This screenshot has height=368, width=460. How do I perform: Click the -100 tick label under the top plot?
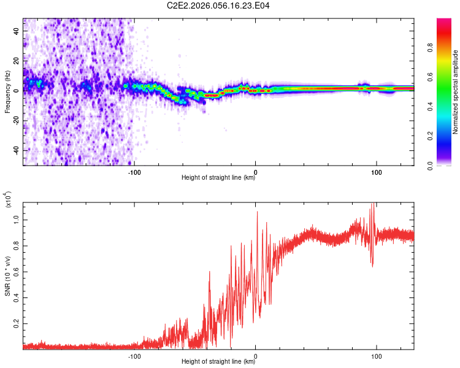(x=134, y=172)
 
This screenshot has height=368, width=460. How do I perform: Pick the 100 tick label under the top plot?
(x=375, y=172)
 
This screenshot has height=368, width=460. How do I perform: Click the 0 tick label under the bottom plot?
(x=256, y=356)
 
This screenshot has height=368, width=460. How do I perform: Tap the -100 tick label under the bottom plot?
(x=134, y=356)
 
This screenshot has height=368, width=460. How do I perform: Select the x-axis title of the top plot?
(x=218, y=178)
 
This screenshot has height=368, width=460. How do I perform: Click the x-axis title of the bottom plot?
(x=218, y=362)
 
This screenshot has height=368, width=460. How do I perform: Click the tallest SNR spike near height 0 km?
(x=257, y=212)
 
